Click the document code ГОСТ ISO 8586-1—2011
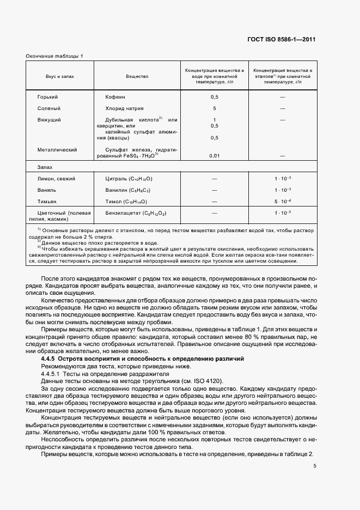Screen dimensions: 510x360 [289, 40]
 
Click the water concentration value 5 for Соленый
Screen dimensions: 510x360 [215, 108]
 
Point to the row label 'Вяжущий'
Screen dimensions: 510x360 [49, 119]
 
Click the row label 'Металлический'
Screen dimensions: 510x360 [57, 149]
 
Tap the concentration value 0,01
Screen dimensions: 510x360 [215, 156]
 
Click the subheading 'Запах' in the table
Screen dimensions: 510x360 [45, 167]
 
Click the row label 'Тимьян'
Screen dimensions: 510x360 [47, 202]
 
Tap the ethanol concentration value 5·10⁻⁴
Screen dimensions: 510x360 [283, 202]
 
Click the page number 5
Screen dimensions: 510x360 [315, 466]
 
